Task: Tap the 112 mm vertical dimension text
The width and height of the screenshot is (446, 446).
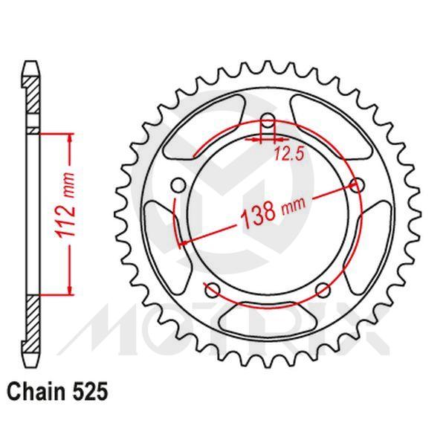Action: pyautogui.click(x=68, y=215)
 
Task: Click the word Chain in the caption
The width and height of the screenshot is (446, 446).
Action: pyautogui.click(x=35, y=390)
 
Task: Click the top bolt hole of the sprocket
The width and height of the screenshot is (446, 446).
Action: pyautogui.click(x=268, y=120)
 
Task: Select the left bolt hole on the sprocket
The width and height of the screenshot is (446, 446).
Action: pyautogui.click(x=177, y=184)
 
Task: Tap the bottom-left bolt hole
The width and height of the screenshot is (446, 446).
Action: pyautogui.click(x=212, y=290)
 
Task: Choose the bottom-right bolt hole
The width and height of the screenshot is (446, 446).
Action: pyautogui.click(x=323, y=290)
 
